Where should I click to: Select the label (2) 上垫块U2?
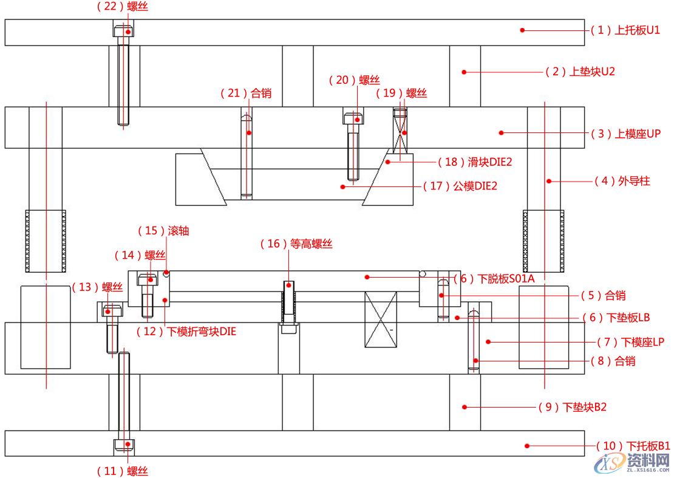pyautogui.click(x=580, y=72)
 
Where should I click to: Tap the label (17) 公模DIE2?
pyautogui.click(x=460, y=186)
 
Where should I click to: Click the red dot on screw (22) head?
pyautogui.click(x=129, y=31)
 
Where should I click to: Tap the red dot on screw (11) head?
pyautogui.click(x=129, y=444)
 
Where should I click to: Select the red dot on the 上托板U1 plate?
pyautogui.click(x=522, y=30)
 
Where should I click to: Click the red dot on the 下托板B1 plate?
pyautogui.click(x=527, y=446)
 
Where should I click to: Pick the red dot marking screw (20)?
pyautogui.click(x=357, y=120)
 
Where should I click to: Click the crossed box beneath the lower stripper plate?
pyautogui.click(x=381, y=319)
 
